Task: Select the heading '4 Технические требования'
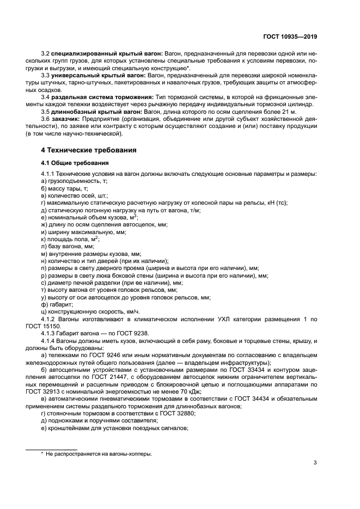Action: pyautogui.click(x=89, y=150)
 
